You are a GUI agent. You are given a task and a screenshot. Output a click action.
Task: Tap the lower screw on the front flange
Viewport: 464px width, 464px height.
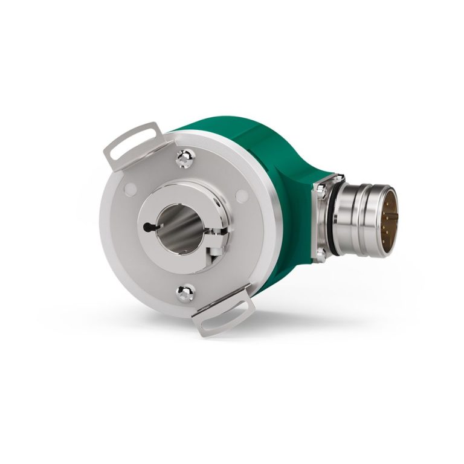(x=185, y=294)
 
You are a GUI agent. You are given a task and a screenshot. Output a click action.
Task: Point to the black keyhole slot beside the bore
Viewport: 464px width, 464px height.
(x=152, y=227)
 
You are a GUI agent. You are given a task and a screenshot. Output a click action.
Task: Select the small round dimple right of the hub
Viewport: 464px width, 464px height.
(x=241, y=196)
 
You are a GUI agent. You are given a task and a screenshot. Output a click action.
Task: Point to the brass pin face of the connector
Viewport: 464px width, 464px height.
(x=390, y=214)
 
